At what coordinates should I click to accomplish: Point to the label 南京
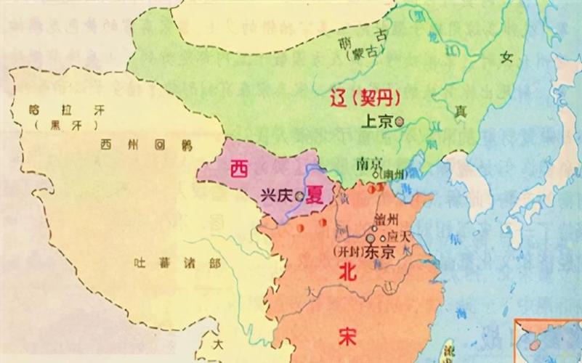[369, 163]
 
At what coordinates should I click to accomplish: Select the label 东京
[377, 253]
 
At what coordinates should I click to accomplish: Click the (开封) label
[344, 252]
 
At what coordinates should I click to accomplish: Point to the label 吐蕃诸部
[177, 264]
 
